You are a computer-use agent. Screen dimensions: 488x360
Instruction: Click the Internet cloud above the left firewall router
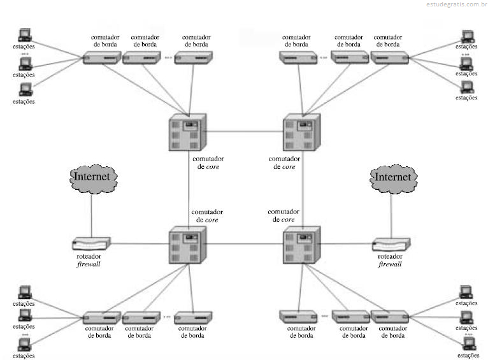[94, 178]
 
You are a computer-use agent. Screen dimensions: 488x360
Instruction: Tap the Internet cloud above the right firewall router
[394, 178]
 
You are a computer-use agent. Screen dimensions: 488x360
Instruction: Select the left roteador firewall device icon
[91, 243]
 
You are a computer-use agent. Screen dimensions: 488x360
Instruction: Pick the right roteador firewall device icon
[391, 244]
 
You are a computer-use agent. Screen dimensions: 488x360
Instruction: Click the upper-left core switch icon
[187, 133]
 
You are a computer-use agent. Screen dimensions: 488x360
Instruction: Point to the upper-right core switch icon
[301, 133]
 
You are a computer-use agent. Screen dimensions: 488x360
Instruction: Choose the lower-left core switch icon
[187, 245]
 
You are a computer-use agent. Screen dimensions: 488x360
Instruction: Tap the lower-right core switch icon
[301, 245]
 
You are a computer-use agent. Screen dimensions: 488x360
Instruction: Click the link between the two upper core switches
[245, 131]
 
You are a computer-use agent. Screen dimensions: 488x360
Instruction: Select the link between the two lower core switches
[245, 244]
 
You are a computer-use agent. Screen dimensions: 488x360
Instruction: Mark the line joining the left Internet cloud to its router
[92, 215]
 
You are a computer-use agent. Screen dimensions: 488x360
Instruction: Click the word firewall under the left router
[89, 264]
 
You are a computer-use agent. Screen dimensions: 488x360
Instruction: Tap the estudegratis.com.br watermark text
[457, 4]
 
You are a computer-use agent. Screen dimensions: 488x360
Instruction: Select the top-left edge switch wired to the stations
[102, 58]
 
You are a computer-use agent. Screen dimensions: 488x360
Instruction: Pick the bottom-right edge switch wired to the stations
[390, 317]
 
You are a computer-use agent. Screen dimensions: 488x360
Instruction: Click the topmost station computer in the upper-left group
[25, 35]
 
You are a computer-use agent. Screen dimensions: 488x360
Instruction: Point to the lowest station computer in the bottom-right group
[468, 344]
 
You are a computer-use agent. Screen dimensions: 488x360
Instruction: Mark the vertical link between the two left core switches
[189, 189]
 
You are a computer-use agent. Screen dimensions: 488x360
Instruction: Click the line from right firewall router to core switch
[347, 244]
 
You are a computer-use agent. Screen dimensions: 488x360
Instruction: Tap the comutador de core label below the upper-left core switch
[208, 162]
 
